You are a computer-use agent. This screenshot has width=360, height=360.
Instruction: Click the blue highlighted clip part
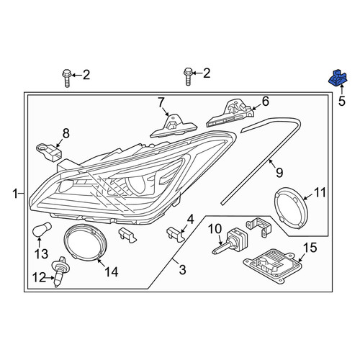(x=338, y=78)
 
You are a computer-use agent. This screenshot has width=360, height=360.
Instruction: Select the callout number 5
(x=342, y=101)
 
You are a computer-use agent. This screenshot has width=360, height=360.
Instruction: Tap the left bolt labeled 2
(x=66, y=78)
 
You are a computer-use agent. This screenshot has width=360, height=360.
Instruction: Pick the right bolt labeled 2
(x=188, y=76)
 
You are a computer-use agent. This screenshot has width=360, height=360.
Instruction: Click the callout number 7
(x=161, y=102)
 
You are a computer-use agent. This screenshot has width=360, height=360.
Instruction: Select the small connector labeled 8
(x=50, y=152)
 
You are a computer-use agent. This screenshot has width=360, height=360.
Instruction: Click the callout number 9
(x=279, y=172)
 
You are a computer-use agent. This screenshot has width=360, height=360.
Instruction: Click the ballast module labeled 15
(x=271, y=266)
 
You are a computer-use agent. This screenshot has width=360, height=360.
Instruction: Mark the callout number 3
(x=183, y=270)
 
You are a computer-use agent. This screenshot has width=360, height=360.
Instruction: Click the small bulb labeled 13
(x=42, y=229)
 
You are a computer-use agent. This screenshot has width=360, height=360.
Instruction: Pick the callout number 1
(x=15, y=194)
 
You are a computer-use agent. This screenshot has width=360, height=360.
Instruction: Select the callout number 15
(x=310, y=248)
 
